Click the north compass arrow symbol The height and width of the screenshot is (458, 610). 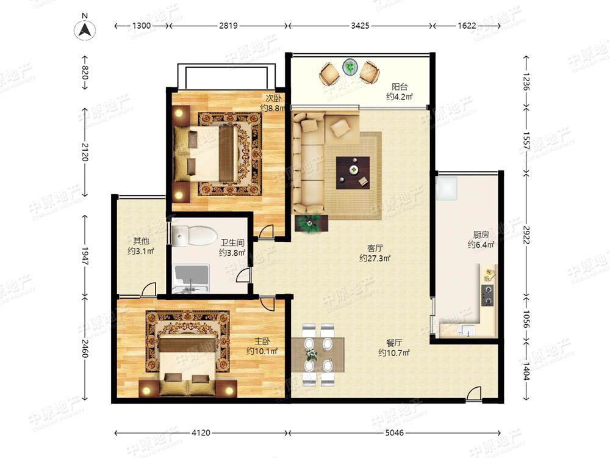(x=85, y=30)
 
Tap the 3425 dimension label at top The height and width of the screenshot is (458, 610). (x=360, y=26)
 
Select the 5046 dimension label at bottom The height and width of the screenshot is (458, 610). (x=394, y=432)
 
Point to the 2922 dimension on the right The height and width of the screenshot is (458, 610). (x=526, y=235)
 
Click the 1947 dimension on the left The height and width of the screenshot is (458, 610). (x=85, y=256)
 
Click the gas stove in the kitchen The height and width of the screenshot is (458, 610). (x=487, y=295)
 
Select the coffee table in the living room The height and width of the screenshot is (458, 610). (x=353, y=173)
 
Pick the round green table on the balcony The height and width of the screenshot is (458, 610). (x=351, y=67)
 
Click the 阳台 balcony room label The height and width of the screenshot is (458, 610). (x=399, y=87)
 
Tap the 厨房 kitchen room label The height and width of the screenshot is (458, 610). (x=481, y=234)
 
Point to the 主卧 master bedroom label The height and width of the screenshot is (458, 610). (x=262, y=341)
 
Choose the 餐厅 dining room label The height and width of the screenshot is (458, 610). (x=394, y=343)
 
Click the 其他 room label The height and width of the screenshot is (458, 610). (x=141, y=241)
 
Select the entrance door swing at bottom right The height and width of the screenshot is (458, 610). (x=474, y=393)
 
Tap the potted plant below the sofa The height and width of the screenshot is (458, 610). (x=310, y=223)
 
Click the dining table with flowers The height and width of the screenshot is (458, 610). (x=317, y=354)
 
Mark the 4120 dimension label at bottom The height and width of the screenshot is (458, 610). (x=201, y=432)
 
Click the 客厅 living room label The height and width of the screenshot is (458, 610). (x=375, y=248)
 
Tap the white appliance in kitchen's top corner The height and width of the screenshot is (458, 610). (x=447, y=188)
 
